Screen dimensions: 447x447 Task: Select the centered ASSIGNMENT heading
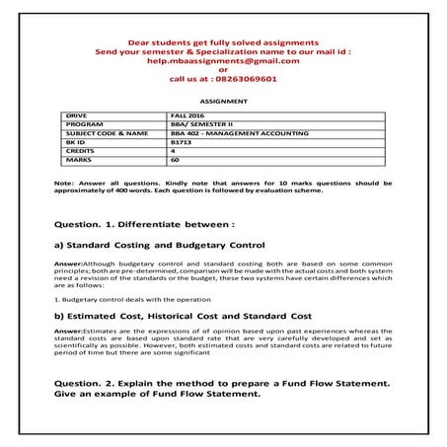pos(223,101)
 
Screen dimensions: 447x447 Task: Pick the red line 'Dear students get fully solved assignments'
pos(223,41)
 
